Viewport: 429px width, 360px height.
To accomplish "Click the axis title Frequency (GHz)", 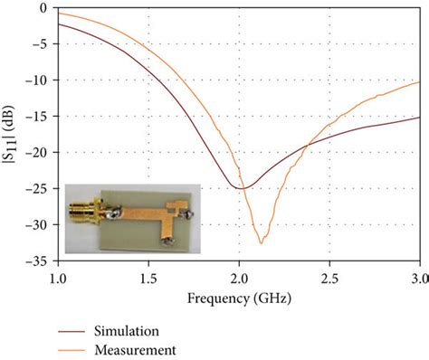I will [x=239, y=297].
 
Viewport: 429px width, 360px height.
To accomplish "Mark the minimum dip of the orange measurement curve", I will [x=261, y=242].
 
